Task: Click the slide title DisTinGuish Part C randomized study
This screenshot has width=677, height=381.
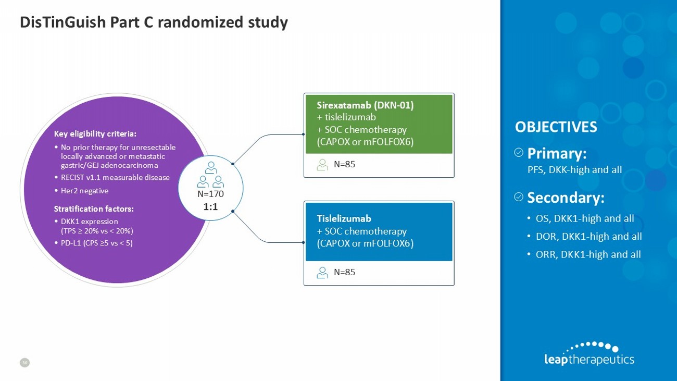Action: (x=154, y=22)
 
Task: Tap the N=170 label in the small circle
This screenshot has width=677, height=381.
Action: (x=210, y=194)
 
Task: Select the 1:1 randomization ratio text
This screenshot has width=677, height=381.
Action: (x=210, y=206)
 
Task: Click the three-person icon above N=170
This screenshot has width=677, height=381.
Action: (x=210, y=175)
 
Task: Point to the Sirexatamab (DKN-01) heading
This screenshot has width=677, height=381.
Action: (x=365, y=105)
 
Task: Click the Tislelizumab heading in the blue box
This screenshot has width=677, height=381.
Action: (x=344, y=218)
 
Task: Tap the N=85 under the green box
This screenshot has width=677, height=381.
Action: (x=344, y=165)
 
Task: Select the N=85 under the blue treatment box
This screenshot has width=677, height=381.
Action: (x=344, y=272)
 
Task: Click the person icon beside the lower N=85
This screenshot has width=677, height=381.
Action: (x=322, y=272)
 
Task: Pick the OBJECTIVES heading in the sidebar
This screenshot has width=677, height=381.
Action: (x=556, y=127)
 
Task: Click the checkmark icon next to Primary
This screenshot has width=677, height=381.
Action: (x=519, y=153)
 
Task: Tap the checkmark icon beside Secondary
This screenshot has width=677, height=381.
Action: (x=519, y=196)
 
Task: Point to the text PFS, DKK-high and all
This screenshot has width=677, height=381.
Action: (x=574, y=169)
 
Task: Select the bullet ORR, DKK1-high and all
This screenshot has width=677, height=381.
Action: (x=588, y=254)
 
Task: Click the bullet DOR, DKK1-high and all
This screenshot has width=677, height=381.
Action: (x=588, y=236)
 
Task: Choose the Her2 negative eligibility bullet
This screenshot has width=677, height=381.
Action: (x=84, y=191)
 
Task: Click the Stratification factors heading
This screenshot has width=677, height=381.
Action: (x=94, y=209)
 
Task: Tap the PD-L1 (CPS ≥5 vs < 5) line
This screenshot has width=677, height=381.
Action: (x=96, y=242)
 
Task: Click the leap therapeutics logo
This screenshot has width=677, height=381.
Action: (x=588, y=353)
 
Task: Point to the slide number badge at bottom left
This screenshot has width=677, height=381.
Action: (x=24, y=362)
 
